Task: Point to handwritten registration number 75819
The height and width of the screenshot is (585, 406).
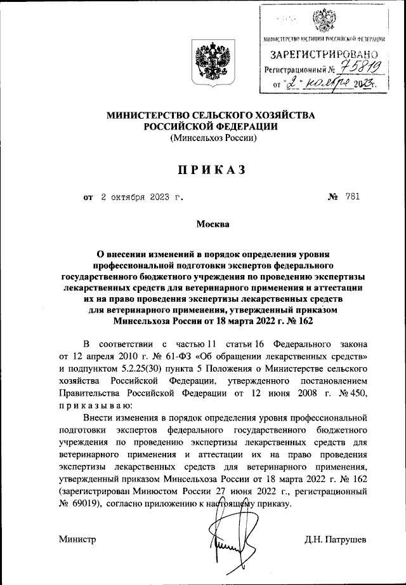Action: (360, 68)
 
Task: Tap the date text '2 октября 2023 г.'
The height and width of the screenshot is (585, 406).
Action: (143, 197)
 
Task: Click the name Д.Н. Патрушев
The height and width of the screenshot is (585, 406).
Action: (336, 539)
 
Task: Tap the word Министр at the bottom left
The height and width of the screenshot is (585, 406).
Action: (77, 539)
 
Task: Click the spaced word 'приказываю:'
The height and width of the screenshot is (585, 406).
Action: (96, 405)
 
